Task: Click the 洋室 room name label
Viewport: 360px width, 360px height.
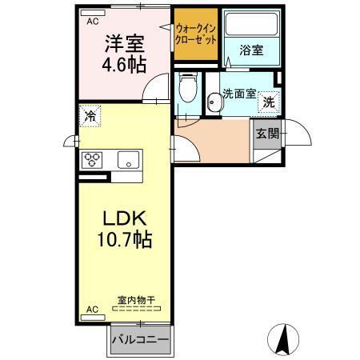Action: click(x=122, y=43)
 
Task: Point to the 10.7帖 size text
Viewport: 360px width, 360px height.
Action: click(x=124, y=238)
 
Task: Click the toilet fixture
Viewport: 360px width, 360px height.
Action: click(x=187, y=87)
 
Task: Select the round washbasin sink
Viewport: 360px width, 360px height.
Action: click(x=214, y=102)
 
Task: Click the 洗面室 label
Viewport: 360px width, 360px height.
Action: click(x=239, y=93)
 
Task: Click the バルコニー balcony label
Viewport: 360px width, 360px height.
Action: click(x=140, y=339)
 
